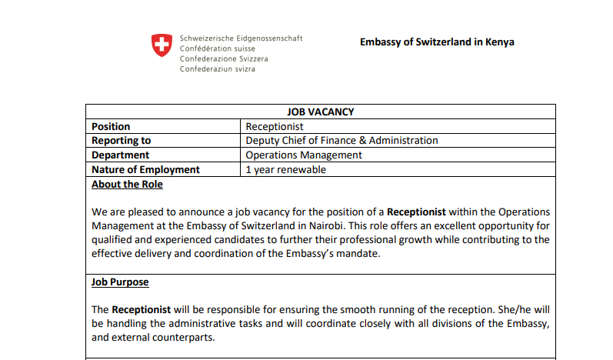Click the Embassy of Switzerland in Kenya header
437,42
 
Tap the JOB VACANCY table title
320,112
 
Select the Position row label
111,126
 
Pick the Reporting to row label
121,141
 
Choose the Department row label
120,155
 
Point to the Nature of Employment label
145,170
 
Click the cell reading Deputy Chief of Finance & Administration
341,141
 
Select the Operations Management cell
304,155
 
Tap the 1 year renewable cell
285,170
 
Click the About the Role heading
127,185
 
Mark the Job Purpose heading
120,282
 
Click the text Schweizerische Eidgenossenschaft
241,38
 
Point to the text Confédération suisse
218,48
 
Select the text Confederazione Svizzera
225,58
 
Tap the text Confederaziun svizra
218,68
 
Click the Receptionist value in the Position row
275,126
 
